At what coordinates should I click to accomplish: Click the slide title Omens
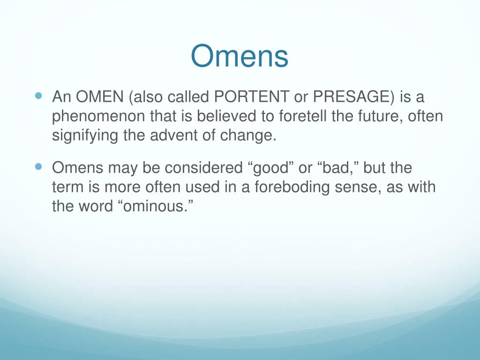[x=240, y=56]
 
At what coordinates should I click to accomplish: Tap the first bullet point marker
[x=39, y=96]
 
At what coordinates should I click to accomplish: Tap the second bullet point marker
[x=39, y=166]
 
